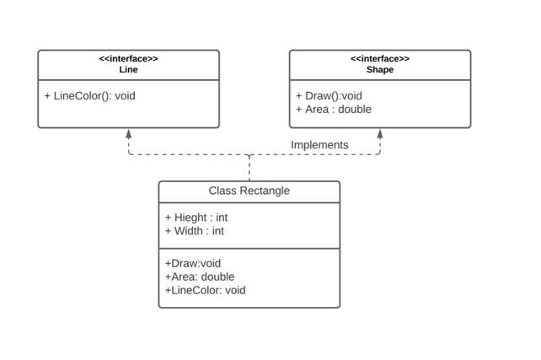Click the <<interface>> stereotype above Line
[x=128, y=59]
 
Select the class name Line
[x=128, y=69]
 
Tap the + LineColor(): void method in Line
[x=89, y=96]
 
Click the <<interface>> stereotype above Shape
[x=380, y=59]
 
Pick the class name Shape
[x=380, y=69]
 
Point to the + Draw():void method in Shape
[x=329, y=96]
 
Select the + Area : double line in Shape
[x=334, y=110]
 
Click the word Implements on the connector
[x=319, y=145]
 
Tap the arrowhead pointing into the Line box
[x=129, y=134]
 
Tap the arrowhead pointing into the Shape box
[x=380, y=134]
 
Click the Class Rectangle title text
[x=249, y=191]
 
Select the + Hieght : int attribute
[x=196, y=218]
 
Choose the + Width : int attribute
[x=195, y=231]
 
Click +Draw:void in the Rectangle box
[x=193, y=263]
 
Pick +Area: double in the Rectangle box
[x=200, y=277]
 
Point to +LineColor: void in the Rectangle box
[x=206, y=290]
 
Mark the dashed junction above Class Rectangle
[x=249, y=154]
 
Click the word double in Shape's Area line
[x=355, y=110]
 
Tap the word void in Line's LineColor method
[x=125, y=96]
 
